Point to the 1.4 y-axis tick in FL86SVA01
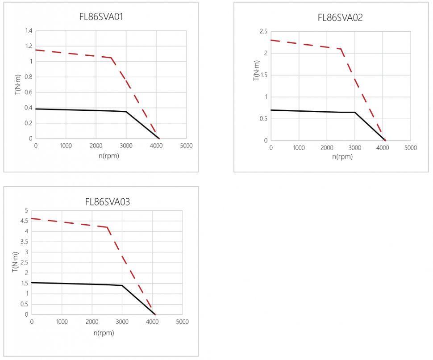[x=29, y=31]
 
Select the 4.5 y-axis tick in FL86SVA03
[x=24, y=221]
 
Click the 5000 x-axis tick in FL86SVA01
[x=186, y=146]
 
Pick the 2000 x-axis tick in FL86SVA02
[x=327, y=148]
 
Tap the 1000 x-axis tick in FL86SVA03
[x=62, y=322]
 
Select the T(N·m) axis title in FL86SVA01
[x=17, y=84]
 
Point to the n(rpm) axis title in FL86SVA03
[x=104, y=332]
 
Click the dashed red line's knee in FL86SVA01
[x=111, y=58]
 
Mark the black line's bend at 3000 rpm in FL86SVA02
[x=355, y=112]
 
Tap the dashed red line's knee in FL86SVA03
[x=107, y=227]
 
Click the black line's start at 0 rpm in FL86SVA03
[x=32, y=282]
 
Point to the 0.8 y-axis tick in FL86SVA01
[x=29, y=77]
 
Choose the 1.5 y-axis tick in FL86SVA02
[x=262, y=75]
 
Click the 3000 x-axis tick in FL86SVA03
[x=122, y=322]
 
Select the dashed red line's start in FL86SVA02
[x=271, y=40]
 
